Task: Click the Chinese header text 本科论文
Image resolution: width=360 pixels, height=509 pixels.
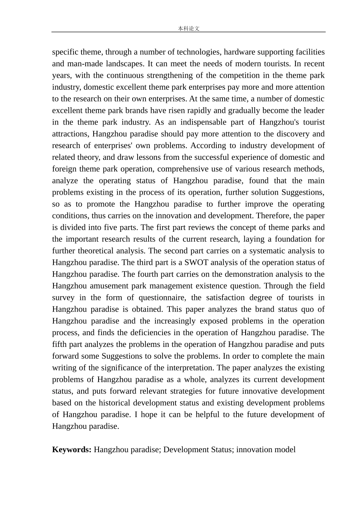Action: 188,28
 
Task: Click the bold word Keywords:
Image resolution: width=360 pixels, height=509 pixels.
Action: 72,450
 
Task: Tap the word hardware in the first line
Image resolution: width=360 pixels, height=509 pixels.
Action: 240,52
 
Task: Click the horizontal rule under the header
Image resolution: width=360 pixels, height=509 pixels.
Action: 188,32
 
